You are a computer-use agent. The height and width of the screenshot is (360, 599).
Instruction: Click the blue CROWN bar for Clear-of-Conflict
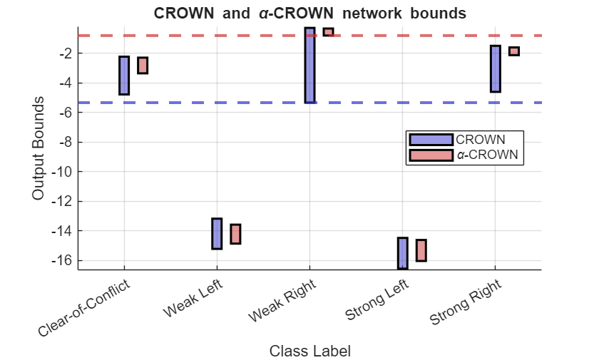pos(124,76)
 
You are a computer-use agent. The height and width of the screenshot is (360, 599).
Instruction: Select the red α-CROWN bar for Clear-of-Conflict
pos(143,65)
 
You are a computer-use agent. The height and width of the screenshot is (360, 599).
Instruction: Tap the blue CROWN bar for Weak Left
pos(217,233)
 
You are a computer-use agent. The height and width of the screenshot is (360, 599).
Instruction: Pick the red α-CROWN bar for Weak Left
pos(235,234)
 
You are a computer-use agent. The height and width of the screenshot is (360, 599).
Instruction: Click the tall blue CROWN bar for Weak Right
pos(309,65)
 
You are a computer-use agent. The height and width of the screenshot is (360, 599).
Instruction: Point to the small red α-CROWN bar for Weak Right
pos(328,32)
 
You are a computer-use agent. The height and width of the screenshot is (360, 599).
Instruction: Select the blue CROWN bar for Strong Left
pos(402,253)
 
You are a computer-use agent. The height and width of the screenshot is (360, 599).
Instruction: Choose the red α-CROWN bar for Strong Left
pos(421,250)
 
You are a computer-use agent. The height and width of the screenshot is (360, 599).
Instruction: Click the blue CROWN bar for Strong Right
pos(495,68)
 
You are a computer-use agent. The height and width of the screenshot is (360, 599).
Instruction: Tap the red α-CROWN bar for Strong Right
pos(513,51)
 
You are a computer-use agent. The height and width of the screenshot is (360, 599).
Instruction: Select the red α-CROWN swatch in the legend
pos(430,155)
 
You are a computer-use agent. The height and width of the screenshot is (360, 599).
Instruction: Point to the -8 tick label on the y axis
pos(63,142)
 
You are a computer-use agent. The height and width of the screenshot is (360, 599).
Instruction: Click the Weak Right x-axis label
pos(282,300)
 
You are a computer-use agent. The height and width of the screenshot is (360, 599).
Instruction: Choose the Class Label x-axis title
pos(309,351)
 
